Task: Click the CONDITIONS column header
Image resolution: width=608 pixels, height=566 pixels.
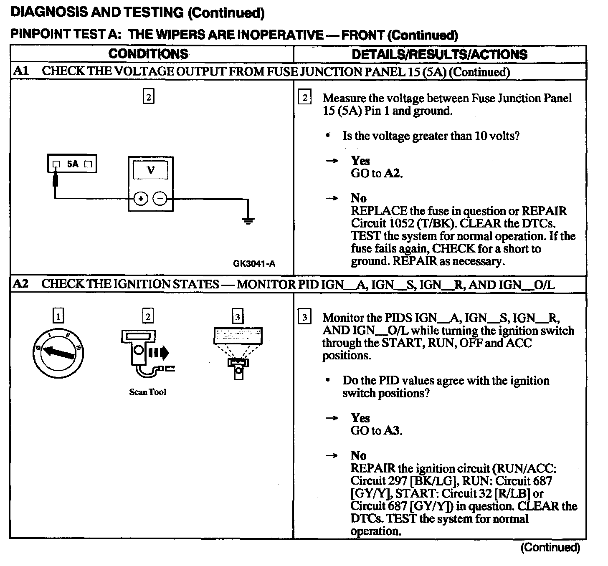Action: point(148,54)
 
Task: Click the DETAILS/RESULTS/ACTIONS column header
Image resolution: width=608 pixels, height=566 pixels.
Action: point(439,54)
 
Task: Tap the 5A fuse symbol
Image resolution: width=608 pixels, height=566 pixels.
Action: point(72,164)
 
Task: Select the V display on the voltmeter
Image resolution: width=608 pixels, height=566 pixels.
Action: point(150,170)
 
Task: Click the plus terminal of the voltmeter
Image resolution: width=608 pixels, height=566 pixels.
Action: point(141,199)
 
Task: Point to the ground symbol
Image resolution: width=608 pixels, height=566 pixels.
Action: point(248,221)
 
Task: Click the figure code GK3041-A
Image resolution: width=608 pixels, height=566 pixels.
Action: point(254,263)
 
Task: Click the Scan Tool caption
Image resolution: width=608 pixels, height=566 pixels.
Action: point(147,392)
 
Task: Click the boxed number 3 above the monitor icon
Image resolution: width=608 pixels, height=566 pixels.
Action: point(238,317)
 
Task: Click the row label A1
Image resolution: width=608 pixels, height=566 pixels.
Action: point(21,71)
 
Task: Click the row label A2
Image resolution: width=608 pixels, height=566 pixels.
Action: point(21,284)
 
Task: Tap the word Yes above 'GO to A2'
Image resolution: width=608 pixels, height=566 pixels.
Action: point(360,161)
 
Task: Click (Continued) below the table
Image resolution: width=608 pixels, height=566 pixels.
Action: point(550,548)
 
